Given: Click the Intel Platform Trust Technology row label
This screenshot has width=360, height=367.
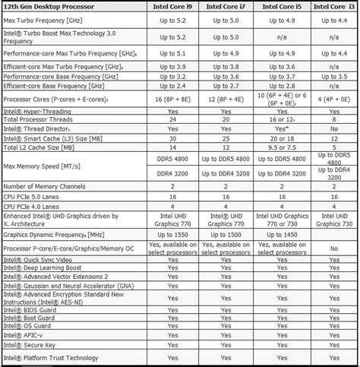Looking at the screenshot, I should tap(53, 358).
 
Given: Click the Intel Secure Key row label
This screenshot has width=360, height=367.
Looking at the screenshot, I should tap(33, 343).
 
